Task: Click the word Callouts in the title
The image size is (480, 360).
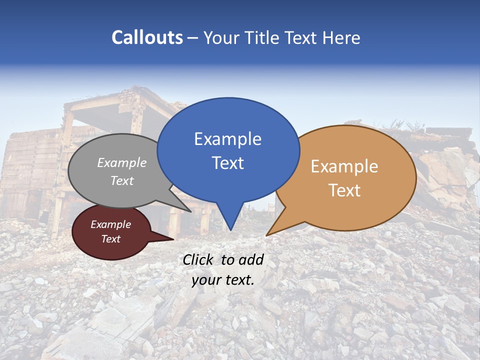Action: [x=147, y=37]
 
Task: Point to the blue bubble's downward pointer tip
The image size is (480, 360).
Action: [x=230, y=230]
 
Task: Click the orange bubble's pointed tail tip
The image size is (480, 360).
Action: [x=267, y=235]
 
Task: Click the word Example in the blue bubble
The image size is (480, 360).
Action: [x=228, y=139]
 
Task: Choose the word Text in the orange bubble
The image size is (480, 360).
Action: [x=344, y=190]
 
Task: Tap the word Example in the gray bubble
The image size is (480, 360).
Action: [x=122, y=163]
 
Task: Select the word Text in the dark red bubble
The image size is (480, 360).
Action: [x=111, y=239]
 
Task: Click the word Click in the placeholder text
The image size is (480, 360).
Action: [x=199, y=259]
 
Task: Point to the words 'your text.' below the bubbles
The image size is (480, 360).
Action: [x=223, y=280]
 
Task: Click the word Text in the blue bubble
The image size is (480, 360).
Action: [x=228, y=163]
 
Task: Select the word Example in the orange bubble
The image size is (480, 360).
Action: [x=344, y=166]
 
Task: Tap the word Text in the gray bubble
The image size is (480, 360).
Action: [x=122, y=181]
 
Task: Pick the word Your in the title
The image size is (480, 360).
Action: [x=220, y=37]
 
